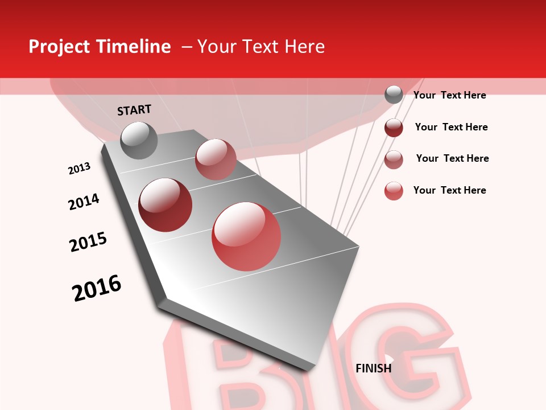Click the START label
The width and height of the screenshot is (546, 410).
pos(134,110)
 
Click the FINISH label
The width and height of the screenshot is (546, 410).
pos(373,368)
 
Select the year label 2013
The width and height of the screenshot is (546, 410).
pos(79,169)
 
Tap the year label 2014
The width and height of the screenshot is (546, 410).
pos(84,202)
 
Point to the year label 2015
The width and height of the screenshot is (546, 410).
pos(88,242)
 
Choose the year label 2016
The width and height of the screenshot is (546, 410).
pos(97,288)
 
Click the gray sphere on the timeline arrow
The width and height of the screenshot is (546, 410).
pos(139,140)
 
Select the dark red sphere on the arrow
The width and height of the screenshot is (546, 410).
pos(165,205)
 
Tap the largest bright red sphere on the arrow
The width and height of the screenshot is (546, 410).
pos(246,237)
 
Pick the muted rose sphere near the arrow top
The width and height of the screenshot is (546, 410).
pos(216,159)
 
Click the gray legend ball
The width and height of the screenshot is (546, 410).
pos(394,95)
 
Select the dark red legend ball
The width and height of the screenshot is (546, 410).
pos(394,128)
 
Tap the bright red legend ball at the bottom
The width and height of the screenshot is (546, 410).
pos(394,191)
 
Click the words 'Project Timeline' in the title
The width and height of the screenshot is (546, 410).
pos(100,47)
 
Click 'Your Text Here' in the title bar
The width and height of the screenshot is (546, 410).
pos(260,47)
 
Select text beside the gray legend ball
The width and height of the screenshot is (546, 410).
pos(449,96)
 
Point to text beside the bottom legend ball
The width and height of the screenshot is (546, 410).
pos(449,190)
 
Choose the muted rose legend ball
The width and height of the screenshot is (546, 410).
pos(394,159)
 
